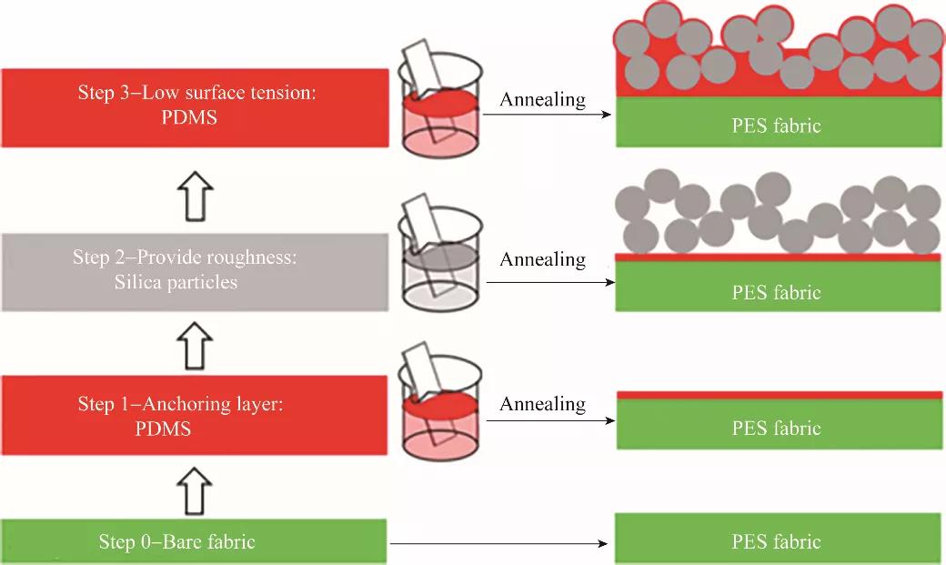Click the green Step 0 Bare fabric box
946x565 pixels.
(194, 541)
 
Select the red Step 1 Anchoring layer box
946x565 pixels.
(194, 415)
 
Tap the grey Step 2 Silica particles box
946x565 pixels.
(195, 272)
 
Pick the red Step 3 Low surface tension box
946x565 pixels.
(195, 108)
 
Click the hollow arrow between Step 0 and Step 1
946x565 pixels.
(195, 491)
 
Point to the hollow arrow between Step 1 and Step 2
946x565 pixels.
(195, 346)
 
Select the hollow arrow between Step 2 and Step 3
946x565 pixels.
(196, 197)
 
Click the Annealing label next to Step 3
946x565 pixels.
(543, 99)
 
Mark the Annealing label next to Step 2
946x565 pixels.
(543, 259)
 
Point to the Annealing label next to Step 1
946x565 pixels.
(543, 404)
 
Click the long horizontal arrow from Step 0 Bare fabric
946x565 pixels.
(498, 543)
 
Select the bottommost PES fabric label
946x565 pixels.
(777, 541)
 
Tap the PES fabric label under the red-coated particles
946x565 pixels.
(777, 126)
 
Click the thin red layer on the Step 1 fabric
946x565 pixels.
(780, 396)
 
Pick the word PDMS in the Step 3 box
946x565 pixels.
(189, 117)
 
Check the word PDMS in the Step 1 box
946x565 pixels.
(163, 429)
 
